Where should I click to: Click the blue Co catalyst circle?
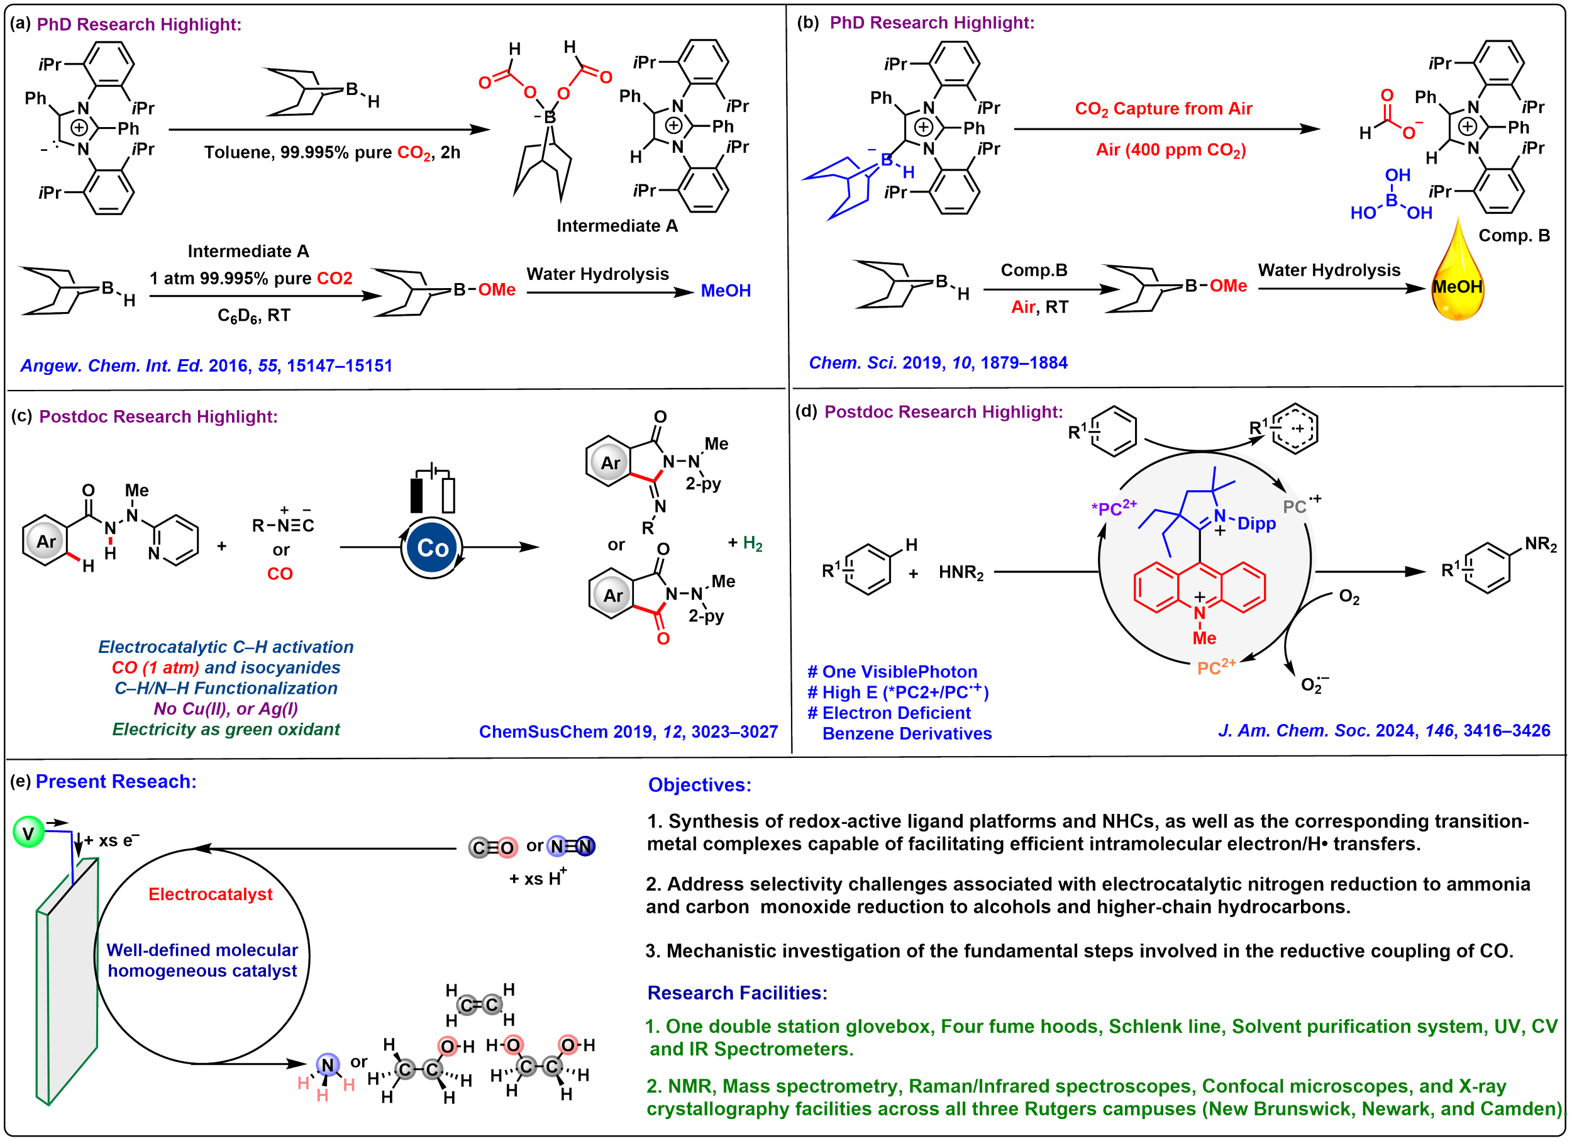[x=433, y=548]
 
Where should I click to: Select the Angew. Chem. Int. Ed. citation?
[x=206, y=365]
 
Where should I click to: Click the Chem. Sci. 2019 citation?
[x=938, y=362]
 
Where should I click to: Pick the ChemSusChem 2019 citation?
[x=628, y=732]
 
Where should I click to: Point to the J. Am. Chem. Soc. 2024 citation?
[x=1383, y=730]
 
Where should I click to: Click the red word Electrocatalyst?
[x=211, y=894]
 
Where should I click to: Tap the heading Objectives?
[x=699, y=785]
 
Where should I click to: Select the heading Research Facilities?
[x=737, y=993]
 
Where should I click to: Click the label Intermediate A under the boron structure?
[x=617, y=226]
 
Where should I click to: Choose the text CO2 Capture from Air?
[x=1163, y=109]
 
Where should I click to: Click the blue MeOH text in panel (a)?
[x=726, y=291]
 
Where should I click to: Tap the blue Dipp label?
[x=1256, y=524]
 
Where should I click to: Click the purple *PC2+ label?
[x=1114, y=508]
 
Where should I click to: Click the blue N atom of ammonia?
[x=327, y=1066]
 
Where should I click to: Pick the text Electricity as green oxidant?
[x=226, y=729]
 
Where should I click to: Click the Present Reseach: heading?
[x=116, y=782]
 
